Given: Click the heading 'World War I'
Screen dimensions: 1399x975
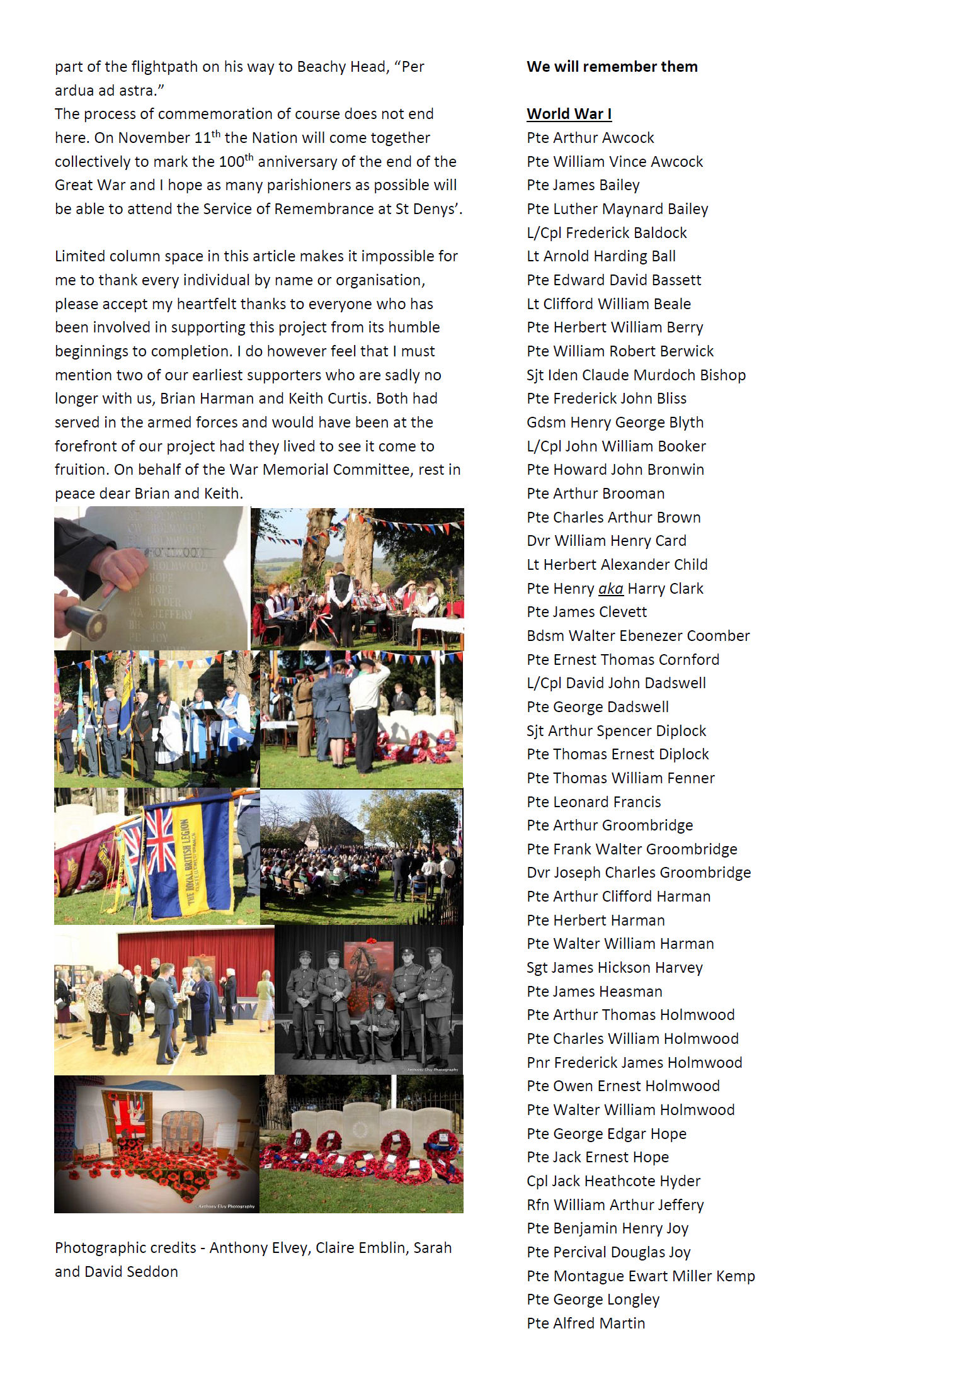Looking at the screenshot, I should click(x=569, y=114).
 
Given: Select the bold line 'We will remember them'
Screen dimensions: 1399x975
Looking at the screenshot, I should click(x=612, y=67).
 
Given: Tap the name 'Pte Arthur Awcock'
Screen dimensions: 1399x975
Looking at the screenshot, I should click(x=590, y=138).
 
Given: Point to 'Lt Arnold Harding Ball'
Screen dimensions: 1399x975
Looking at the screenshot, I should click(x=601, y=256).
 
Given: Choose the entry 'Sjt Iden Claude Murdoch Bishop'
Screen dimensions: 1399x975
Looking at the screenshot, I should click(x=636, y=375).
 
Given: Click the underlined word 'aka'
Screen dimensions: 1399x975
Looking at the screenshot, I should click(x=610, y=589).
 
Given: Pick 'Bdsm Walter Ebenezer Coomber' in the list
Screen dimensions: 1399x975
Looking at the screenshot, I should click(x=638, y=636).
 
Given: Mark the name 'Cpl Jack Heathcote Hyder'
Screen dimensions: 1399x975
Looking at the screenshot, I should click(x=613, y=1181).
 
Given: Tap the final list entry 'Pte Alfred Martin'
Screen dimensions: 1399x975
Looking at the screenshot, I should click(x=586, y=1323).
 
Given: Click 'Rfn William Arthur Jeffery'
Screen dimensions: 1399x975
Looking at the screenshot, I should click(x=615, y=1205).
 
